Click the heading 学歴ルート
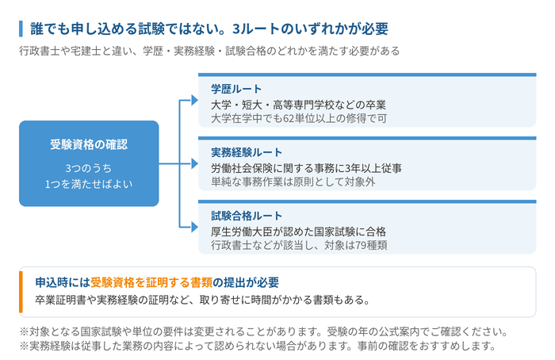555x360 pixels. point(236,89)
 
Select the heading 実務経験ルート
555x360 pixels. point(247,152)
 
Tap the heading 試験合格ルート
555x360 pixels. point(247,216)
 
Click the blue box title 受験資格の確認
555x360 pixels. point(89,144)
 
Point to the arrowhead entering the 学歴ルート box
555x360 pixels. point(194,100)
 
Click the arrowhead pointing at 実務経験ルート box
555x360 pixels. point(194,163)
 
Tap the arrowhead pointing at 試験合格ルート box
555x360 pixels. point(194,227)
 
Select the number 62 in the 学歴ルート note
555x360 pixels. point(289,119)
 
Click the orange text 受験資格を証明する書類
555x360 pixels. point(151,282)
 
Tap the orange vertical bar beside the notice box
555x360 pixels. point(21,292)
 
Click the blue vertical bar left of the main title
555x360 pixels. point(21,29)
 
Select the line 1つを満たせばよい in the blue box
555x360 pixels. point(89,184)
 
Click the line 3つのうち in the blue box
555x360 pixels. point(89,168)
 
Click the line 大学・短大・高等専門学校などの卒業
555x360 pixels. point(298,105)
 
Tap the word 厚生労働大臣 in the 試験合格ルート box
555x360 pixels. point(242,232)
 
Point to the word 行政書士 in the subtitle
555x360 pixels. point(40,51)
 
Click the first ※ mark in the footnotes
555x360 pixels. point(24,332)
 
